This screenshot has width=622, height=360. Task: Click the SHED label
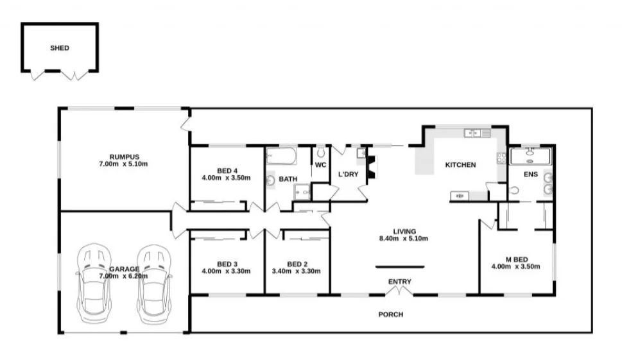[x=60, y=48]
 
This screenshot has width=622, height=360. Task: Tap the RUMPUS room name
[x=124, y=157]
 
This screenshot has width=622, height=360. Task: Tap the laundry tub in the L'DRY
[x=361, y=153]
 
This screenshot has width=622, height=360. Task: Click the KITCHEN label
[x=460, y=165]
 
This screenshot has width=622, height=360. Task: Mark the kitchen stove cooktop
[x=500, y=157]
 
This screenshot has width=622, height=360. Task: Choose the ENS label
[x=530, y=174]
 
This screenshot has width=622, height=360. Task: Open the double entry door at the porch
[x=399, y=292]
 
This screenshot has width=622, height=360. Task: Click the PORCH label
[x=390, y=314]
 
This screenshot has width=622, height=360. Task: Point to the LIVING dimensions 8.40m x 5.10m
[x=404, y=239]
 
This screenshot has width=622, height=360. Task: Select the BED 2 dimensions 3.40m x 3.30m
[x=296, y=271]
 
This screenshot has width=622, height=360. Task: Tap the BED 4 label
[x=226, y=170]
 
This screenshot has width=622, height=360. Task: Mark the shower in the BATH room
[x=302, y=191]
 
